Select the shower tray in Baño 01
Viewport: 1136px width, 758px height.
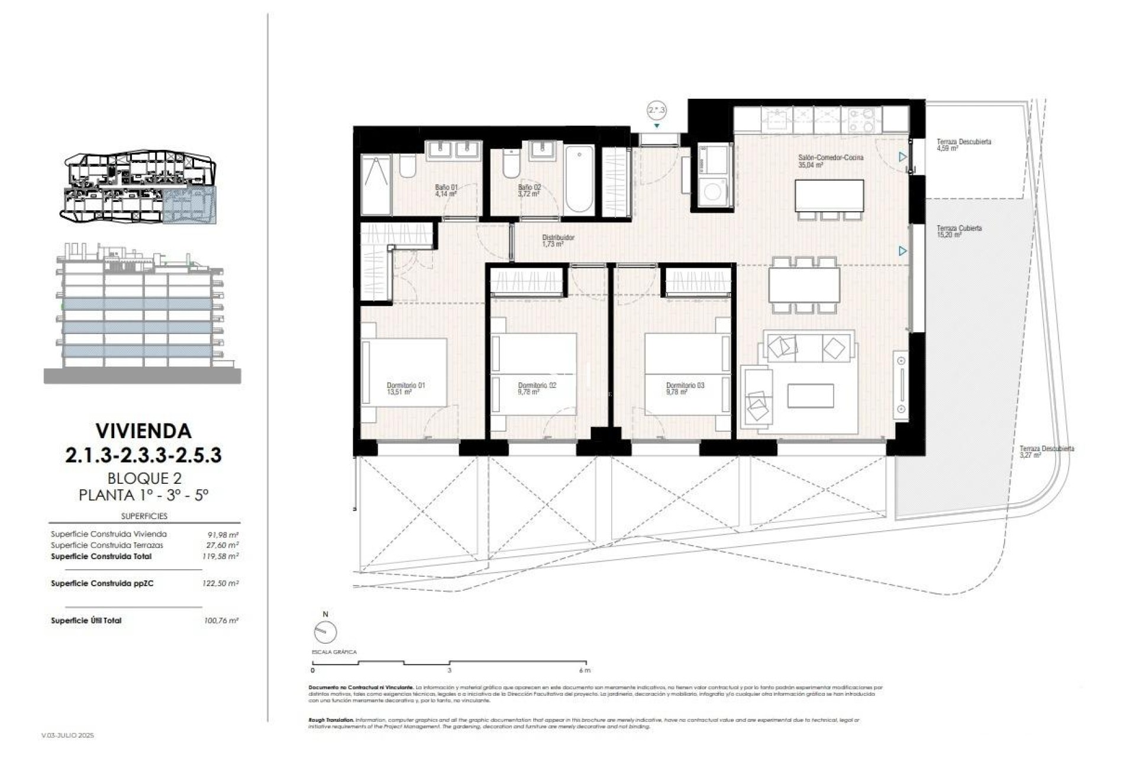tap(376, 185)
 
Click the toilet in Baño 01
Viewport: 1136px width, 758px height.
tap(408, 166)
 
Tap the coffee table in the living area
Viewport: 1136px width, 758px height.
tap(811, 396)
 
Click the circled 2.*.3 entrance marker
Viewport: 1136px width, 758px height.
tap(656, 110)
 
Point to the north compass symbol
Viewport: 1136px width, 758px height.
tap(325, 632)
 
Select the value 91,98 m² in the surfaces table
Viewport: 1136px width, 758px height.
tap(220, 534)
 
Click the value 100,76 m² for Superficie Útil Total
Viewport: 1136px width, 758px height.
tap(220, 621)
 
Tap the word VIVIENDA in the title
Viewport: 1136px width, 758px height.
tap(143, 431)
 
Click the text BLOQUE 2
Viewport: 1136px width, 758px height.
tap(144, 478)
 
